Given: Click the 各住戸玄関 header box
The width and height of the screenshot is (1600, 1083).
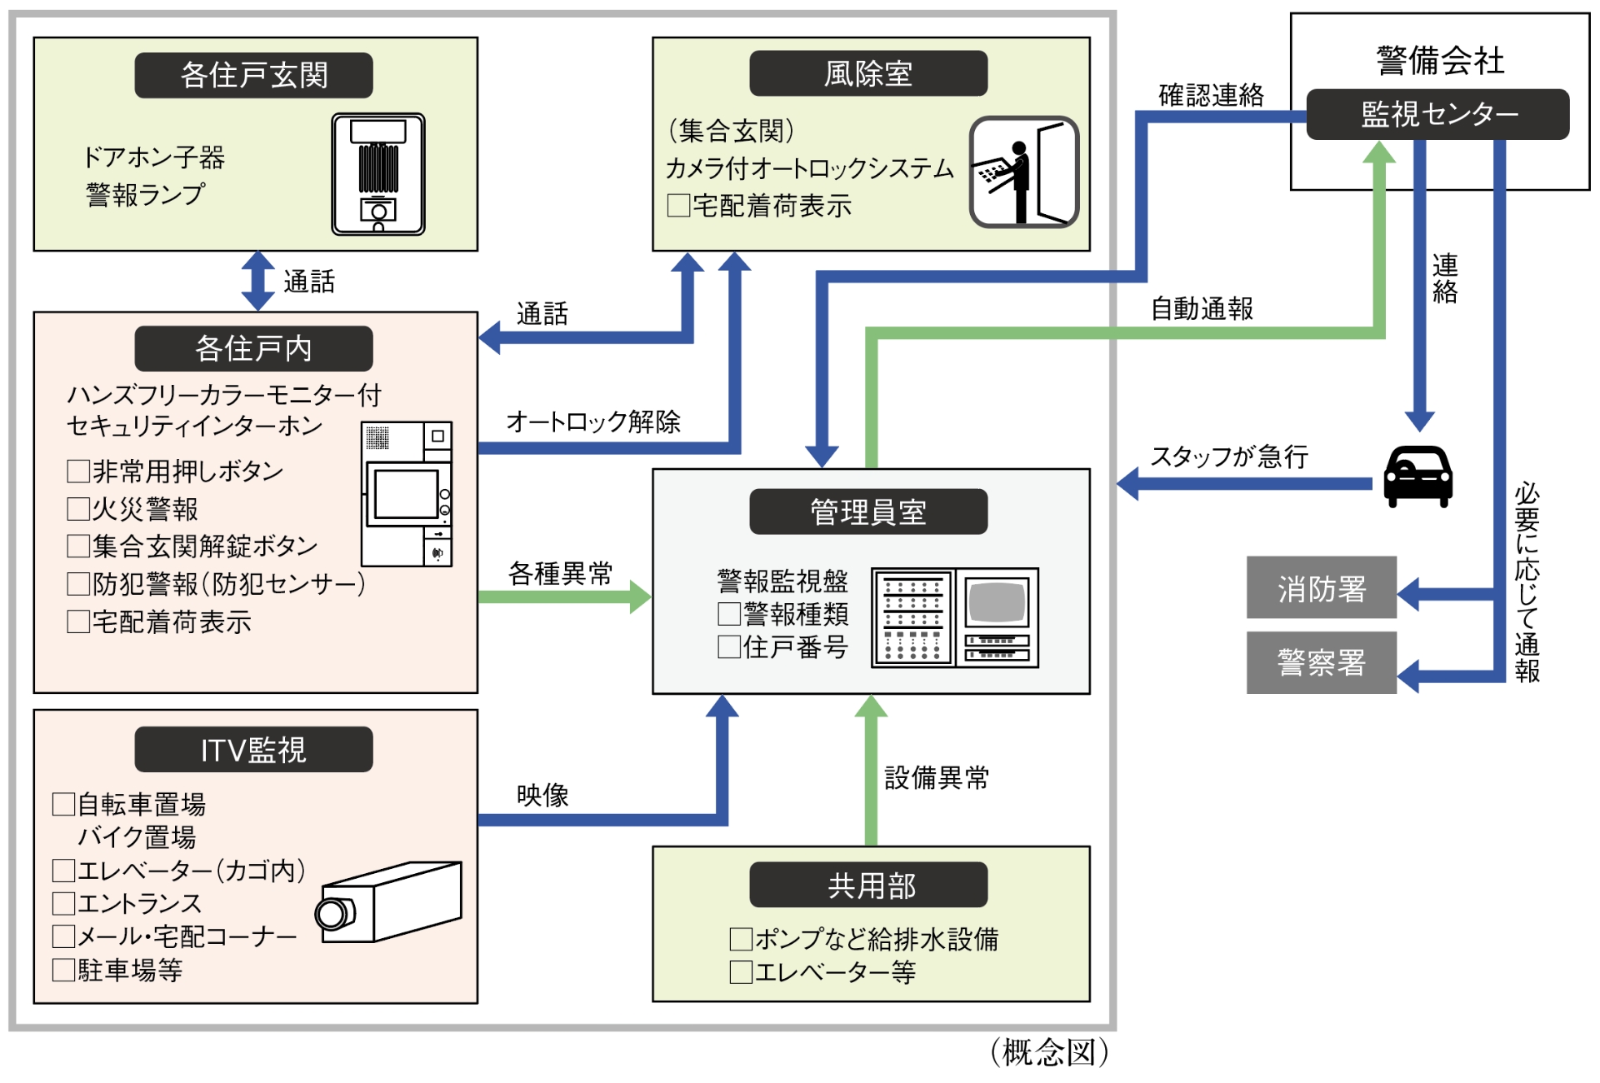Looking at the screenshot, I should (253, 75).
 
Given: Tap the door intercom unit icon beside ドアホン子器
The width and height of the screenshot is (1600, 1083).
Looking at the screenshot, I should (378, 174).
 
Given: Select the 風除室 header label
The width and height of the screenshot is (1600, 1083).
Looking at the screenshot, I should (867, 73).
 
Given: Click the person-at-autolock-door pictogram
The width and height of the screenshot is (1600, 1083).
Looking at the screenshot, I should (1024, 172).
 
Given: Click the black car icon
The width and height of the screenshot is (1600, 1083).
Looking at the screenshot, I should (1417, 477).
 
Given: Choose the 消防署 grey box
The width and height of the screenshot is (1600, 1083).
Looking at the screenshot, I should (1321, 588).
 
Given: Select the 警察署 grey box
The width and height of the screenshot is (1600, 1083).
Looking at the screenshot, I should (1321, 663).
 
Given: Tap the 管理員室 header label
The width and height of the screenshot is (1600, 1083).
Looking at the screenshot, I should (867, 512).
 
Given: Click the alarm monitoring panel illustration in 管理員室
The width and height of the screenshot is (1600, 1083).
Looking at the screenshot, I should (954, 617).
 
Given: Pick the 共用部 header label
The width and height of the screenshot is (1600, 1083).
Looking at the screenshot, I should (867, 885).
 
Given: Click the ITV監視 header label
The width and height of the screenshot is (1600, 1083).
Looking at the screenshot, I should (253, 750).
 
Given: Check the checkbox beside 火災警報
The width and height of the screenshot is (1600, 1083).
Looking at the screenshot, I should (78, 509).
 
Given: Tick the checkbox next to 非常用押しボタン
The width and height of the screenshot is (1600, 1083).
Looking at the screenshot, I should (78, 472).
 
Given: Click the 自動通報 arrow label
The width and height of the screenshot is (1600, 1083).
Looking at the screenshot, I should (1201, 309).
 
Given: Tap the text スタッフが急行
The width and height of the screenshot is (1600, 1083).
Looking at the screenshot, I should (1228, 457).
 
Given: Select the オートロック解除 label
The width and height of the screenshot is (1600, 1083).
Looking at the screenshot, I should (593, 422).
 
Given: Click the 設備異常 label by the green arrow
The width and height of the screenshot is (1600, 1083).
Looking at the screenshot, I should (936, 777).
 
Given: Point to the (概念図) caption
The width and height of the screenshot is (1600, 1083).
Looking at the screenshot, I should (1049, 1052).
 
